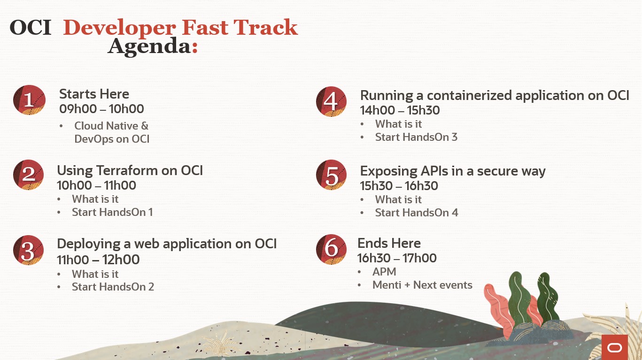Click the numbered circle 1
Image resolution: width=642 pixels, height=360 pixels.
[x=29, y=100]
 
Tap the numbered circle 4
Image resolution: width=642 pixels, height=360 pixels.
[x=331, y=101]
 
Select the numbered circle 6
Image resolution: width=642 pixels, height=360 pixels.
[x=331, y=249]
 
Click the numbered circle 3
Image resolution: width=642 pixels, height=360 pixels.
[x=28, y=250]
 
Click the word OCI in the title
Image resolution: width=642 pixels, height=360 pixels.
[x=31, y=28]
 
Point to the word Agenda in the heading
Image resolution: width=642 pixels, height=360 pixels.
[x=149, y=46]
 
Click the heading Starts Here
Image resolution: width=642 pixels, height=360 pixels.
[x=94, y=94]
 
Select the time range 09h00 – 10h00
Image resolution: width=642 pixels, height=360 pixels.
[x=101, y=109]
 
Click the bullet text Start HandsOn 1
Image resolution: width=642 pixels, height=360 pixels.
[x=112, y=212]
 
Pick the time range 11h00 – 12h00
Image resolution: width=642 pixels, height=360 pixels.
[x=98, y=260]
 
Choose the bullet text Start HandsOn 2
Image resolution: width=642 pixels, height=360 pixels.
[x=113, y=287]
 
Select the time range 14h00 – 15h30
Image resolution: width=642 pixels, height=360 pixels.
[x=400, y=110]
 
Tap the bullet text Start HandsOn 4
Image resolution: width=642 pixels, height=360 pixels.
[x=417, y=213]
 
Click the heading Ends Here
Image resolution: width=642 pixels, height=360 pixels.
[x=389, y=244]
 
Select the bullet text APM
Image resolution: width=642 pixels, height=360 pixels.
[x=384, y=271]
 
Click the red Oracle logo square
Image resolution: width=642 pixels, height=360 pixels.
[x=615, y=347]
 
